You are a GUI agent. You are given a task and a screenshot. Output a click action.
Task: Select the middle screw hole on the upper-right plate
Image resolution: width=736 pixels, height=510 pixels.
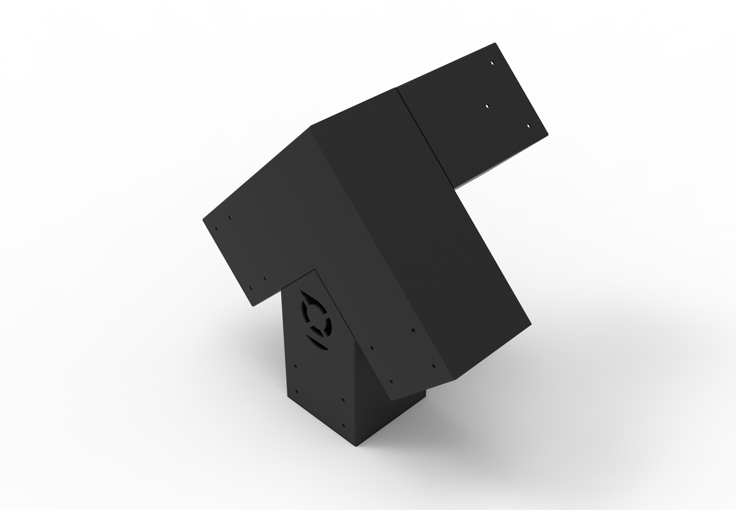pos(487,106)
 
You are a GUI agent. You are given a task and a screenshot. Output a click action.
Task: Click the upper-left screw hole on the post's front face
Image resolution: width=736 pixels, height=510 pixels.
pos(295,367)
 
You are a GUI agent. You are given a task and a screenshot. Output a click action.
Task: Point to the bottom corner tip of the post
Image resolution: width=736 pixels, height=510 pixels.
pos(357,446)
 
